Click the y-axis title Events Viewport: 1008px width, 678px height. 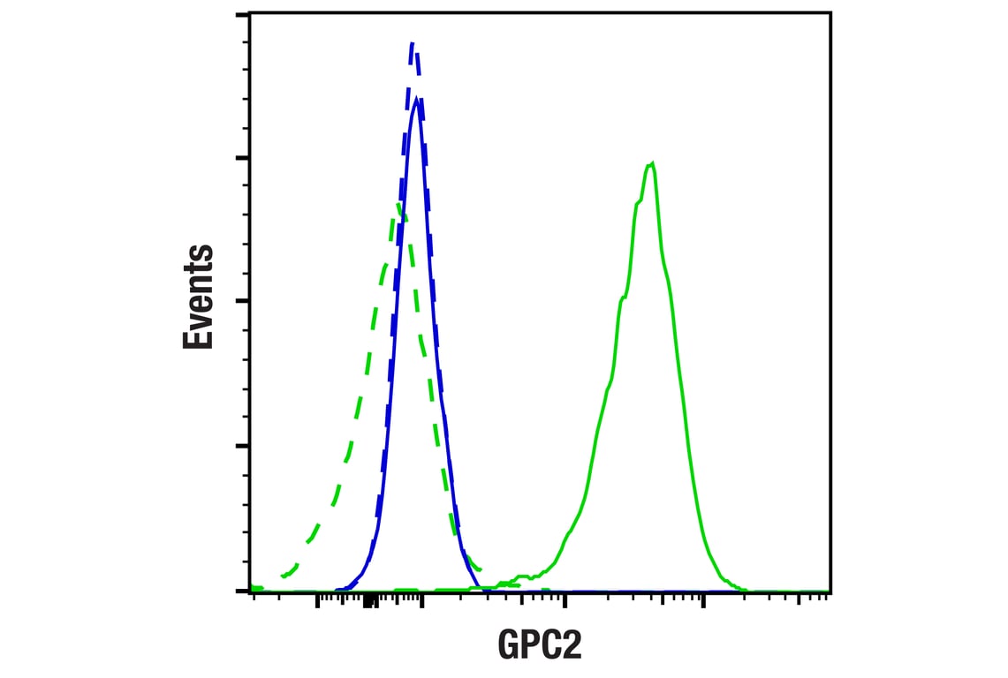pyautogui.click(x=199, y=297)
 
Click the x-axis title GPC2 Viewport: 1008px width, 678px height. pyautogui.click(x=540, y=644)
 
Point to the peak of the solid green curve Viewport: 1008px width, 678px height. pyautogui.click(x=651, y=163)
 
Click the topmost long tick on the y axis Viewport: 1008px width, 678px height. pyautogui.click(x=242, y=15)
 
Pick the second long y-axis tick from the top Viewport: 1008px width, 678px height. pyautogui.click(x=242, y=158)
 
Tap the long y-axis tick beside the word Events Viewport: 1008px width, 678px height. pyautogui.click(x=242, y=301)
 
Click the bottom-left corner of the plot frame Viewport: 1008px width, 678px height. pyautogui.click(x=250, y=591)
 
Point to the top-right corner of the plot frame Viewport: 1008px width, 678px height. pyautogui.click(x=830, y=12)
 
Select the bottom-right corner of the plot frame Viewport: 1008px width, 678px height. pyautogui.click(x=830, y=591)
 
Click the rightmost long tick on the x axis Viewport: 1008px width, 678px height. pyautogui.click(x=703, y=601)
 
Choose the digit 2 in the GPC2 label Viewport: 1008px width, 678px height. pyautogui.click(x=572, y=644)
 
